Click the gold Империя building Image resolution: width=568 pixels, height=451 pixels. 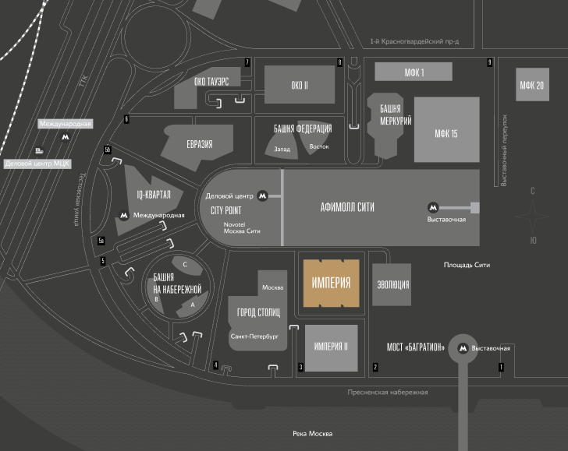tap(331, 282)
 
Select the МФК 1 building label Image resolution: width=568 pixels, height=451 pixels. tap(414, 72)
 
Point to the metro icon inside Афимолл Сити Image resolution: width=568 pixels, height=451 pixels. tap(432, 207)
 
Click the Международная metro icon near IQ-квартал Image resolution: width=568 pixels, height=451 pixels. tap(122, 214)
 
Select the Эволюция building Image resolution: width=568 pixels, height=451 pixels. tap(392, 285)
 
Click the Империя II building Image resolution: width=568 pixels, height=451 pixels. tap(331, 347)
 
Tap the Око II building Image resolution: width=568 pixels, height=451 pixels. tap(300, 85)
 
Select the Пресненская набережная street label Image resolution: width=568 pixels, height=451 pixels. tap(388, 393)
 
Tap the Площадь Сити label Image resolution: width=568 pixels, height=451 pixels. tap(467, 265)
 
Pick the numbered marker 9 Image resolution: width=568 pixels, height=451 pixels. tap(489, 62)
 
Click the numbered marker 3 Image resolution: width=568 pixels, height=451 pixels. tap(300, 367)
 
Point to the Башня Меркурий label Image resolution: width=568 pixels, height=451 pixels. tap(391, 115)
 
